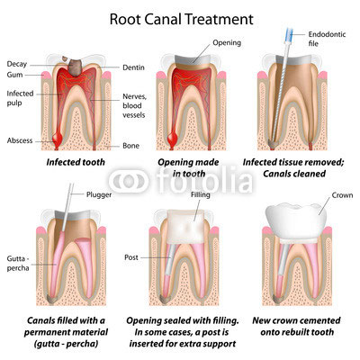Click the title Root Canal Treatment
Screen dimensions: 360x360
coord(182,20)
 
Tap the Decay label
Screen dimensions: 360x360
coord(17,64)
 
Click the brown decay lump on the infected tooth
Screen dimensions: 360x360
coord(74,67)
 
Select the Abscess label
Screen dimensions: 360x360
coord(20,140)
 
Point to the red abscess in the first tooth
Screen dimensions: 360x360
coord(57,139)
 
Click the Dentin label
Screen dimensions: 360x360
coord(133,67)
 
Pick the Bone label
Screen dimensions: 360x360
coord(131,146)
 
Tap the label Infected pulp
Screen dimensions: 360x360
coord(20,98)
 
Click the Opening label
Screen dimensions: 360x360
coord(227,43)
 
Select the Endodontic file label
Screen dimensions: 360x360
coord(327,39)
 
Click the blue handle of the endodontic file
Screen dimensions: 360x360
coord(290,35)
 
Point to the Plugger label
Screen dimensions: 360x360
coord(99,194)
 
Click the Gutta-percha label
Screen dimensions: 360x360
coord(18,263)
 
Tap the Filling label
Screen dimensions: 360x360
coord(201,194)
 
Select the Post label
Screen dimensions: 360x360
coord(131,257)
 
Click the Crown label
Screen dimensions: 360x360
coord(342,195)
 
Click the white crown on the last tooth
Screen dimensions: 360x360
coord(296,221)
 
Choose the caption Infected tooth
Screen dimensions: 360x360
coord(76,162)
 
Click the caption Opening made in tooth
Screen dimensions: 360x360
coord(188,168)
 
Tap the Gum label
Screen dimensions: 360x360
coord(14,75)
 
